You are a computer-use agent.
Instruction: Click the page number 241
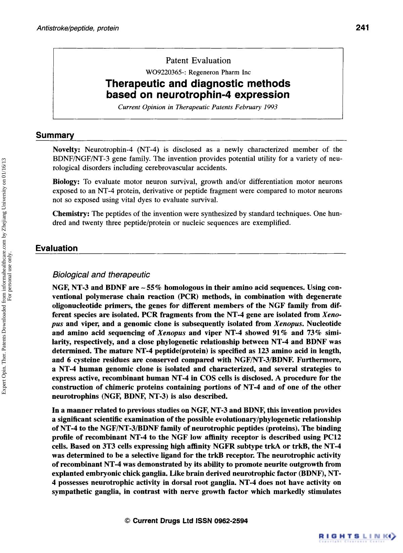click(363, 27)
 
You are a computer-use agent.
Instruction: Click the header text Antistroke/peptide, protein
click(78, 28)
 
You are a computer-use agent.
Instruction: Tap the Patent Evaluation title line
click(198, 61)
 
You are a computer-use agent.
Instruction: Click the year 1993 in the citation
click(271, 107)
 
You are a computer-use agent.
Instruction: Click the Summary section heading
click(55, 135)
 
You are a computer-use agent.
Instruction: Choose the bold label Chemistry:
click(71, 214)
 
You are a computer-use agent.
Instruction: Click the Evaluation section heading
click(56, 248)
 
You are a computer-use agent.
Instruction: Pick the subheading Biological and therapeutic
click(101, 275)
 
